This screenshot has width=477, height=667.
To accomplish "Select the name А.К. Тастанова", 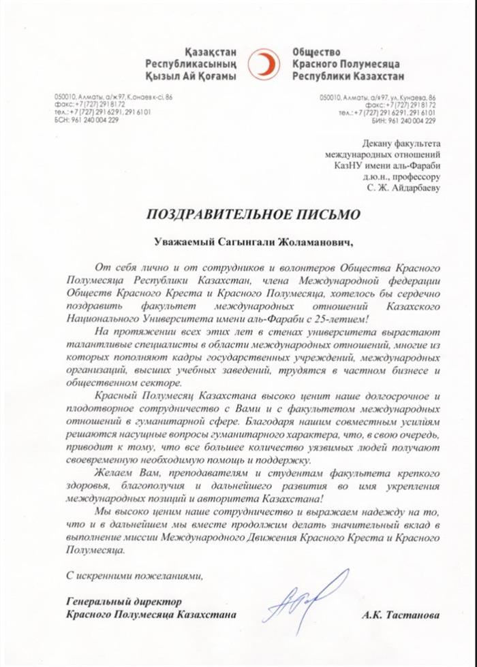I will pos(401,615).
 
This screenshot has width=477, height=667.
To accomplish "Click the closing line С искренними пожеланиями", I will pos(134,576).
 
